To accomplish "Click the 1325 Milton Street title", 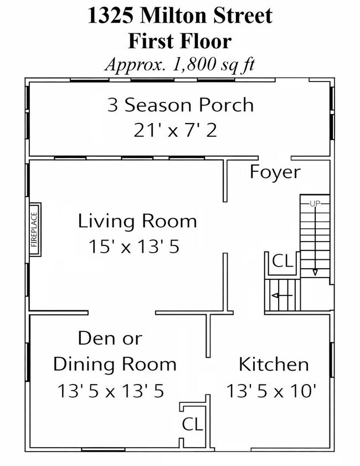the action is coord(180,16).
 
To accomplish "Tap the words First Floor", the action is coord(179,41).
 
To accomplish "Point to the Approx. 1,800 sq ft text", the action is coord(179,64).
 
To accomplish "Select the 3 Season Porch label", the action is coord(181,105).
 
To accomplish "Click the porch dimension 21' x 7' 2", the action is coord(175,130).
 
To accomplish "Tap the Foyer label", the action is coord(275,172).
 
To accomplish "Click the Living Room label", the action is coord(137,221).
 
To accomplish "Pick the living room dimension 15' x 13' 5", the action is coord(134,247).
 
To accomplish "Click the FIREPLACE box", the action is coord(35,229).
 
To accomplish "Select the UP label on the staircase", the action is coord(315,203).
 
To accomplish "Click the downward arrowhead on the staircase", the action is coord(315,272).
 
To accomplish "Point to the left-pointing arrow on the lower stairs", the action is coord(282,295).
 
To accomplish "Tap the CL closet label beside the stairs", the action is coord(282,261).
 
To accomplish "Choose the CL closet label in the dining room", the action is coord(192,424).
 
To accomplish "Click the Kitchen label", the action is coord(274,365).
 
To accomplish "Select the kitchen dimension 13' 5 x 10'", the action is coord(271,391).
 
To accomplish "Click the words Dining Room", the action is coord(115,365).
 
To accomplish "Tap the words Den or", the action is coord(110,339).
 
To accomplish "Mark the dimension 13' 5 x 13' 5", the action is coord(111,391).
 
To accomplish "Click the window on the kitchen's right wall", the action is coord(332,360).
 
